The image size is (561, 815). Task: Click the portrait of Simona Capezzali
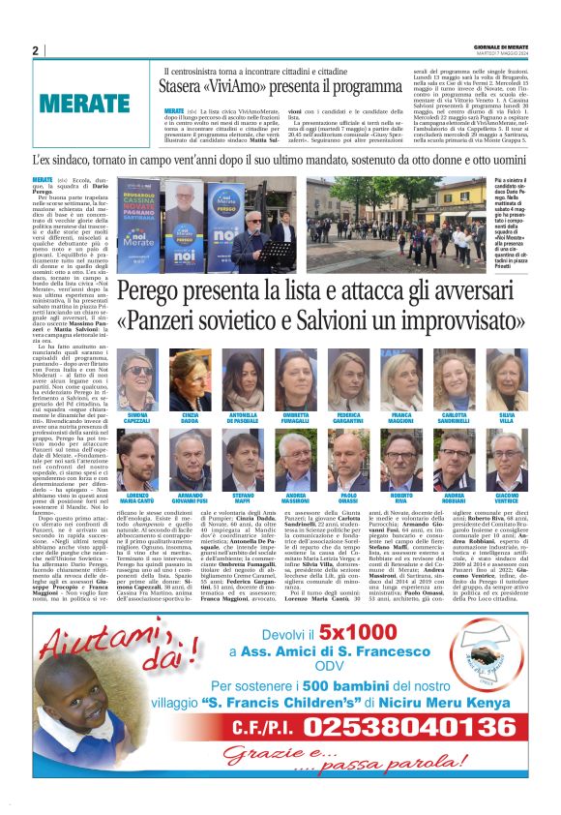(137, 381)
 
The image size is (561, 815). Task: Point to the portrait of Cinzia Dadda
(190, 381)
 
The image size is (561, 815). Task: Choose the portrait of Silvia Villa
(505, 381)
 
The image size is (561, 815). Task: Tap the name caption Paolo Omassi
(347, 499)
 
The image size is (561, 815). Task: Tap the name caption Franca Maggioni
(399, 420)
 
